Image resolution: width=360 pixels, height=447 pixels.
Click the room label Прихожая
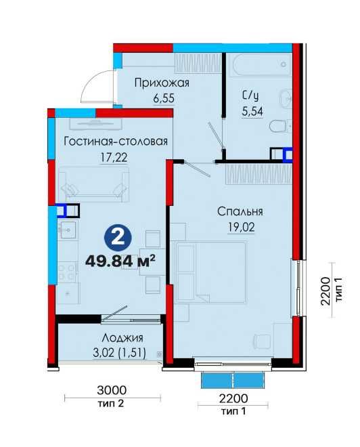tap(162, 83)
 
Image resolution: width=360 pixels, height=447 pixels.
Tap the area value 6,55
tap(164, 98)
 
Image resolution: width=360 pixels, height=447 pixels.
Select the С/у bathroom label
tap(250, 95)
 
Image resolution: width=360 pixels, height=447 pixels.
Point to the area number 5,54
tap(252, 111)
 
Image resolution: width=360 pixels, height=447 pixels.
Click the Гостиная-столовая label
tap(116, 142)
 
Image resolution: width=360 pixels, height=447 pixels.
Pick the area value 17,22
tap(114, 157)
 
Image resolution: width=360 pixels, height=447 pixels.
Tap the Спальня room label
tap(240, 212)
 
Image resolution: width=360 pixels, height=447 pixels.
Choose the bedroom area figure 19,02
tap(241, 228)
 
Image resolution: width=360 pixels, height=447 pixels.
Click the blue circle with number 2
tap(118, 238)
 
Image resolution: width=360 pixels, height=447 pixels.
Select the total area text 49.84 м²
tap(120, 261)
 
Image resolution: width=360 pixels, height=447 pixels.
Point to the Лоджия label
tap(122, 338)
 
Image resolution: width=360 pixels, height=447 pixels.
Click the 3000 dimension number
tap(112, 390)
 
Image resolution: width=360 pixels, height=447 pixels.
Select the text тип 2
tap(111, 404)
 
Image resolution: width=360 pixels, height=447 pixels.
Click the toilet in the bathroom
tap(280, 127)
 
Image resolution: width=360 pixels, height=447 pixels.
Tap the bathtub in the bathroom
tap(262, 65)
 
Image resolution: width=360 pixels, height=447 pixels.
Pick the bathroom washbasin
tap(286, 99)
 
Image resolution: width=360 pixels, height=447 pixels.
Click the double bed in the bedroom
tap(211, 272)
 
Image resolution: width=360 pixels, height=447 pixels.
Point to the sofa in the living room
tap(94, 184)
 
